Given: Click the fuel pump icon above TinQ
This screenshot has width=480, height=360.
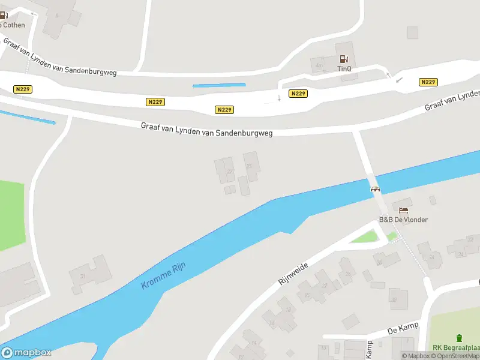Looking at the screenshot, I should [344, 59].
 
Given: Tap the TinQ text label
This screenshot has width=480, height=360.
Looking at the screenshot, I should [344, 68].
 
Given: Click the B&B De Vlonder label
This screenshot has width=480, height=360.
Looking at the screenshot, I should [403, 220].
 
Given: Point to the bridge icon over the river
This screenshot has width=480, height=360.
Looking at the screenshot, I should [376, 188].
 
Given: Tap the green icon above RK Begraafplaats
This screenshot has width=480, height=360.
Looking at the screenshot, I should [460, 338].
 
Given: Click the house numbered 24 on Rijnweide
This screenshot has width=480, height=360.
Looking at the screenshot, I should [347, 273].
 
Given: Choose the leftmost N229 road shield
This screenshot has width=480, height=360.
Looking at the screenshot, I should [22, 89].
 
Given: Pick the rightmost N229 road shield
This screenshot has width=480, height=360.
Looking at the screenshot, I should [428, 82].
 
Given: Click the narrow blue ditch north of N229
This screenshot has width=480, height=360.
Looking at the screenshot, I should [219, 85].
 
